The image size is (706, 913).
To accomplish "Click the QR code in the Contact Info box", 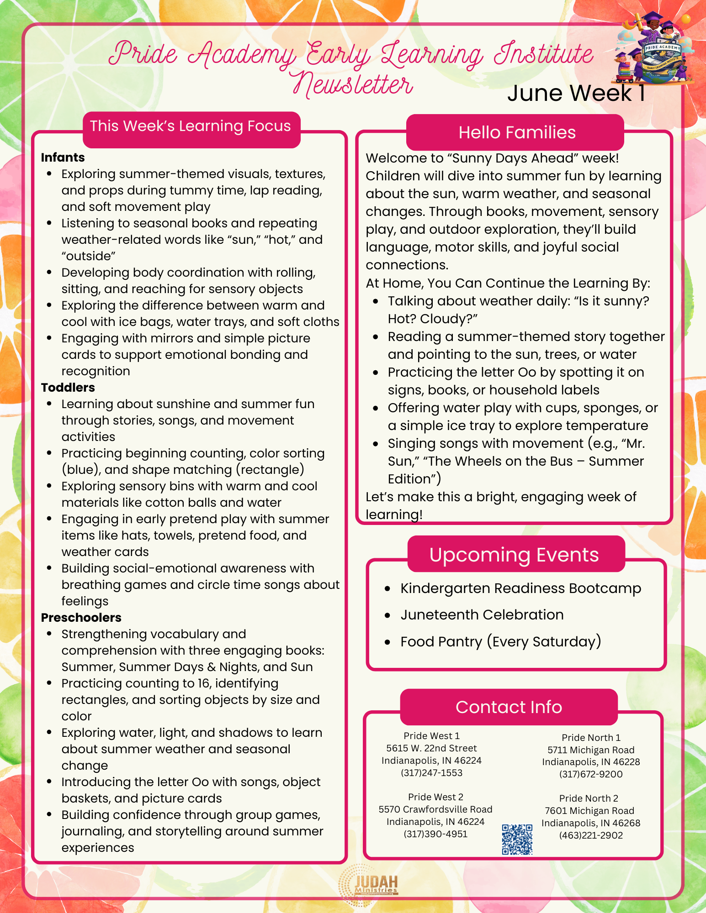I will (x=517, y=839).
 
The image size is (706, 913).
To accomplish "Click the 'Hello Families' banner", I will (x=516, y=132).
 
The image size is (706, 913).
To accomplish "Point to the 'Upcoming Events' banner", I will (x=514, y=555).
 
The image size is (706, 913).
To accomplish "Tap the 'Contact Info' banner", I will (x=509, y=707).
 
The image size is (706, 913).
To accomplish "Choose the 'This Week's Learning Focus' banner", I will (x=190, y=126).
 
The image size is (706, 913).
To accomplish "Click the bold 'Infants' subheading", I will (x=63, y=157).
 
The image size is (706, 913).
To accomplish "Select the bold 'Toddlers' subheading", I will (x=68, y=388).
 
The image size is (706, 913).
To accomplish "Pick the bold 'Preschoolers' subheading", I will (x=81, y=618).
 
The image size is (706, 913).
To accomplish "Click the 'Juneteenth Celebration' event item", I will (x=482, y=615).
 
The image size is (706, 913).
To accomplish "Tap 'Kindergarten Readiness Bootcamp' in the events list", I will (x=520, y=588).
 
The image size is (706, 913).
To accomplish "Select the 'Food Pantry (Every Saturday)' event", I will (x=500, y=641).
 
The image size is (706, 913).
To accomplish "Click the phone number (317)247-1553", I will (x=431, y=773).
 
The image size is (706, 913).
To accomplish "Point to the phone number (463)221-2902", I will (x=591, y=835).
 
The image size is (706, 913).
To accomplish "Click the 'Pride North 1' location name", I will (x=591, y=738).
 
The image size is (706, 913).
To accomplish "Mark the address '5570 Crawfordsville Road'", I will (x=435, y=809).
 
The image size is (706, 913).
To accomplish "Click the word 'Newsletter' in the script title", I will (x=353, y=86).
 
